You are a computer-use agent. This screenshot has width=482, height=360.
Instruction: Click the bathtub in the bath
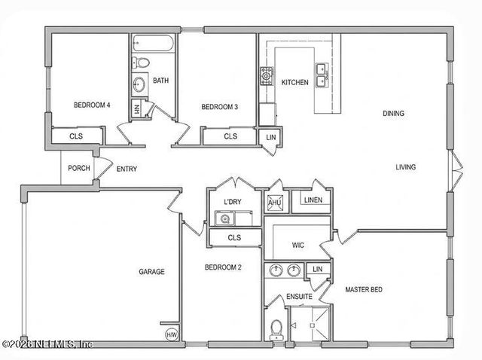pyautogui.click(x=153, y=43)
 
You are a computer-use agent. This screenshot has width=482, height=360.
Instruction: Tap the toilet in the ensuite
pyautogui.click(x=276, y=330)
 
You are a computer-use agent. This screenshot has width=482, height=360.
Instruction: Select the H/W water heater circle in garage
pyautogui.click(x=172, y=335)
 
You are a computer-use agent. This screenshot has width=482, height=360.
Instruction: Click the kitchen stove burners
pyautogui.click(x=266, y=75)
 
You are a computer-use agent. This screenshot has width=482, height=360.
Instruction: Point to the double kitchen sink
pyautogui.click(x=322, y=75)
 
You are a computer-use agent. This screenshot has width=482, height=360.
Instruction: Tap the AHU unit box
pyautogui.click(x=274, y=203)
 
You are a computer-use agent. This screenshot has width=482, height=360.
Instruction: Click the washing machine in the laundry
pyautogui.click(x=224, y=218)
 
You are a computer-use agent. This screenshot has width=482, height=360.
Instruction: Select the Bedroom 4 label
pyautogui.click(x=92, y=105)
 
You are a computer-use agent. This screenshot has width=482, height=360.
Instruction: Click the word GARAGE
pyautogui.click(x=151, y=272)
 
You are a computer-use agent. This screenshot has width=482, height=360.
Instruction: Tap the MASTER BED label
pyautogui.click(x=364, y=290)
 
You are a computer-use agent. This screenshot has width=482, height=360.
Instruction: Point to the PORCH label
pyautogui.click(x=79, y=168)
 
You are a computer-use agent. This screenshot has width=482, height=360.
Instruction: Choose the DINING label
pyautogui.click(x=393, y=114)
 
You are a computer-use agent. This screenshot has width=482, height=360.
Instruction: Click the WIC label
pyautogui.click(x=298, y=246)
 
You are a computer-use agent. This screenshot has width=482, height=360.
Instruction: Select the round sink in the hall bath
pyautogui.click(x=139, y=84)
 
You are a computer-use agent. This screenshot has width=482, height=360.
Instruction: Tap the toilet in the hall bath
pyautogui.click(x=141, y=63)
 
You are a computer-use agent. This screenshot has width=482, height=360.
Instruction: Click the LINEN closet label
pyautogui.click(x=313, y=200)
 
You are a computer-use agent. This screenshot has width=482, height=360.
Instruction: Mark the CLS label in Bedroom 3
pyautogui.click(x=230, y=136)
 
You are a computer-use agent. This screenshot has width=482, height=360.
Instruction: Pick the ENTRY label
pyautogui.click(x=127, y=169)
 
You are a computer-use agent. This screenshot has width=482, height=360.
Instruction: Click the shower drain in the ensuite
pyautogui.click(x=313, y=325)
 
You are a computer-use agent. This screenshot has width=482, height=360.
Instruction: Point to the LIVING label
pyautogui.click(x=405, y=167)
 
